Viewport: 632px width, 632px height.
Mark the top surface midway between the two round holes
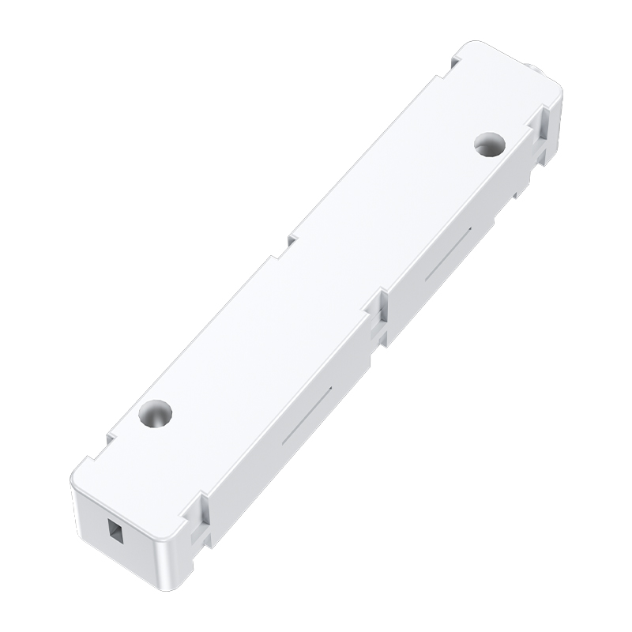pyautogui.click(x=322, y=278)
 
